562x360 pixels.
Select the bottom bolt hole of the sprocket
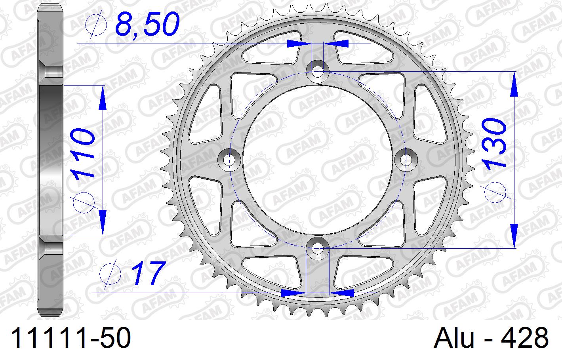[318, 248]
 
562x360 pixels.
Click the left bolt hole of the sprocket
[229, 160]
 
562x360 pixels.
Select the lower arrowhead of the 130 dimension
[514, 236]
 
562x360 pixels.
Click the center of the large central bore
[318, 160]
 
